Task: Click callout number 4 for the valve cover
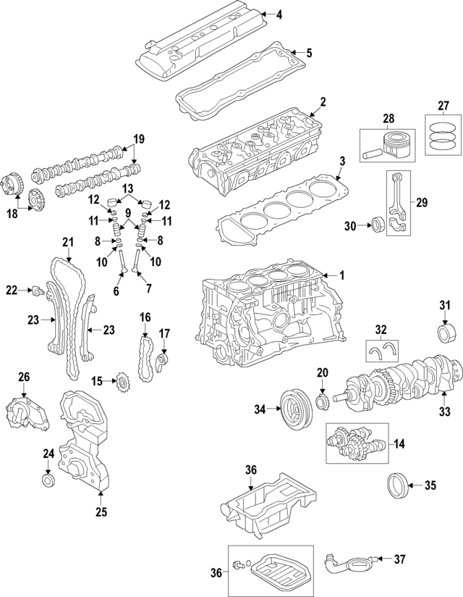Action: tap(280, 14)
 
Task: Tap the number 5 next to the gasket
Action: tap(309, 52)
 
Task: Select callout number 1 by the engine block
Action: tap(343, 275)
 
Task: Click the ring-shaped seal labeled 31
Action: tap(444, 335)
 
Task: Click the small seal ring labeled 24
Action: tap(48, 480)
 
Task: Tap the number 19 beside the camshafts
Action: tap(139, 138)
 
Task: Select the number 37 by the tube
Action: tap(401, 559)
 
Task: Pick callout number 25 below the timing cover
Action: tap(101, 513)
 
